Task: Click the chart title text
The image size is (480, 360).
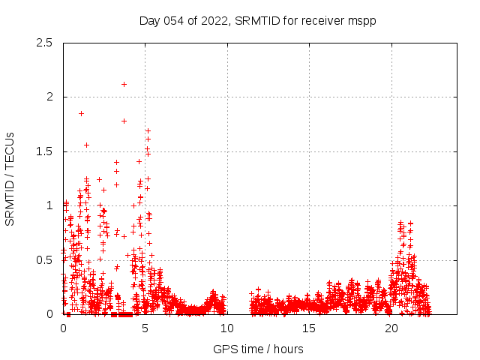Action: pyautogui.click(x=257, y=20)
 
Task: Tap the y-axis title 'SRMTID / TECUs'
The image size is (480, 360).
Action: pyautogui.click(x=10, y=178)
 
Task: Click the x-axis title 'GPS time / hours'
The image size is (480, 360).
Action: pyautogui.click(x=258, y=349)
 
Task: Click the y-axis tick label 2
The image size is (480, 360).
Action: pyautogui.click(x=50, y=97)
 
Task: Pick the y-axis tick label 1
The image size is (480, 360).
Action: pyautogui.click(x=50, y=205)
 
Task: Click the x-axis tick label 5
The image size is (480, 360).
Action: pyautogui.click(x=145, y=328)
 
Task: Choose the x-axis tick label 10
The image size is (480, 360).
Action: pyautogui.click(x=227, y=328)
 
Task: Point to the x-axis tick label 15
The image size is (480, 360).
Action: pyautogui.click(x=309, y=328)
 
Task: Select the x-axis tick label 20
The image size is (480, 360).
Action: pyautogui.click(x=391, y=328)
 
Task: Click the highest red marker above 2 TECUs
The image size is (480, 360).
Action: pyautogui.click(x=124, y=84)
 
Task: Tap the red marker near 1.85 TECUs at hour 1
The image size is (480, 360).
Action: pyautogui.click(x=81, y=113)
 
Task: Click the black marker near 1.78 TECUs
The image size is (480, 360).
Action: pyautogui.click(x=124, y=121)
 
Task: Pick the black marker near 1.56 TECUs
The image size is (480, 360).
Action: pyautogui.click(x=86, y=145)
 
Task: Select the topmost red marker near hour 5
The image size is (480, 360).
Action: pyautogui.click(x=148, y=130)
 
